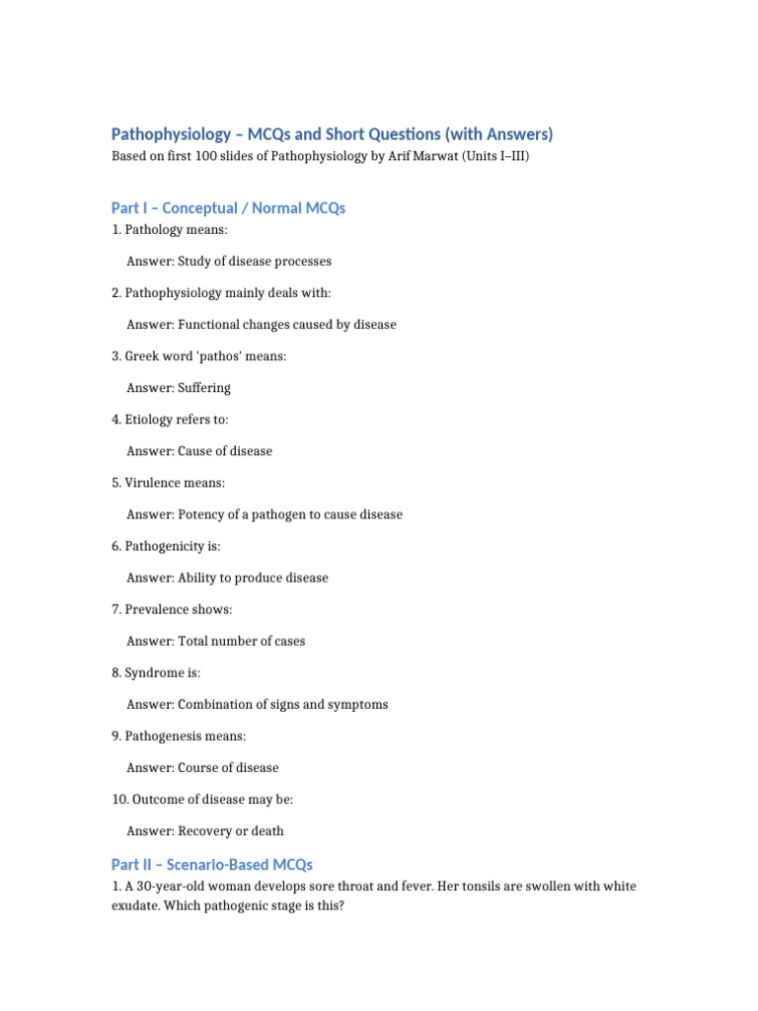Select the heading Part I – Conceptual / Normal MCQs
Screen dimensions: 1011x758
pos(228,208)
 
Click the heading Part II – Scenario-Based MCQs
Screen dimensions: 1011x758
pos(212,865)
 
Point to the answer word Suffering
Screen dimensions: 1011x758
pos(204,388)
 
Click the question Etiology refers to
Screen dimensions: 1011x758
pos(169,420)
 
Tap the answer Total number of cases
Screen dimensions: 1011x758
pos(242,641)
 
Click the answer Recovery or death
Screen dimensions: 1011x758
pos(231,831)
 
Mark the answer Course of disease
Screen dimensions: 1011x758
pos(228,768)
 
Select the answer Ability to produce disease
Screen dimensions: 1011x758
pos(253,578)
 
